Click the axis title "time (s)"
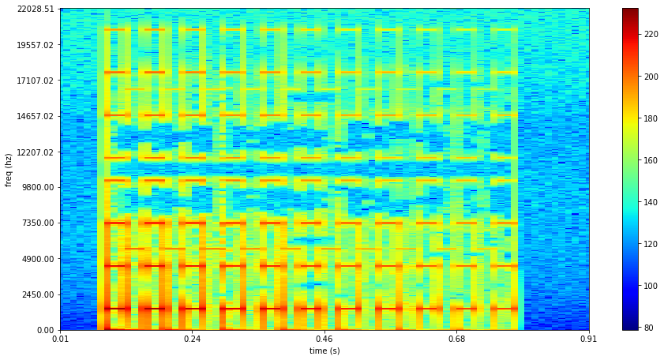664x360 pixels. coord(324,351)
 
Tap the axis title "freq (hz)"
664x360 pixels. coord(9,169)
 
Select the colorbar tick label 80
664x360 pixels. coord(648,327)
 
